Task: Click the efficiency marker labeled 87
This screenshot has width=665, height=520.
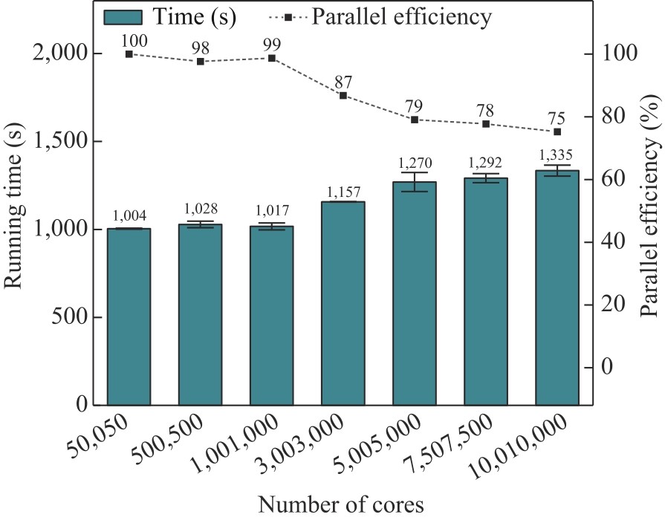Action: (x=343, y=95)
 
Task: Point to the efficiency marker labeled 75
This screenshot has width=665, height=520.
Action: (x=557, y=131)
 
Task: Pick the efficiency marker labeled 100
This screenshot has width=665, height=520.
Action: (x=129, y=53)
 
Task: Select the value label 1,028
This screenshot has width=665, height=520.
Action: (x=201, y=211)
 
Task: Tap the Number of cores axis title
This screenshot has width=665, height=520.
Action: (x=341, y=504)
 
